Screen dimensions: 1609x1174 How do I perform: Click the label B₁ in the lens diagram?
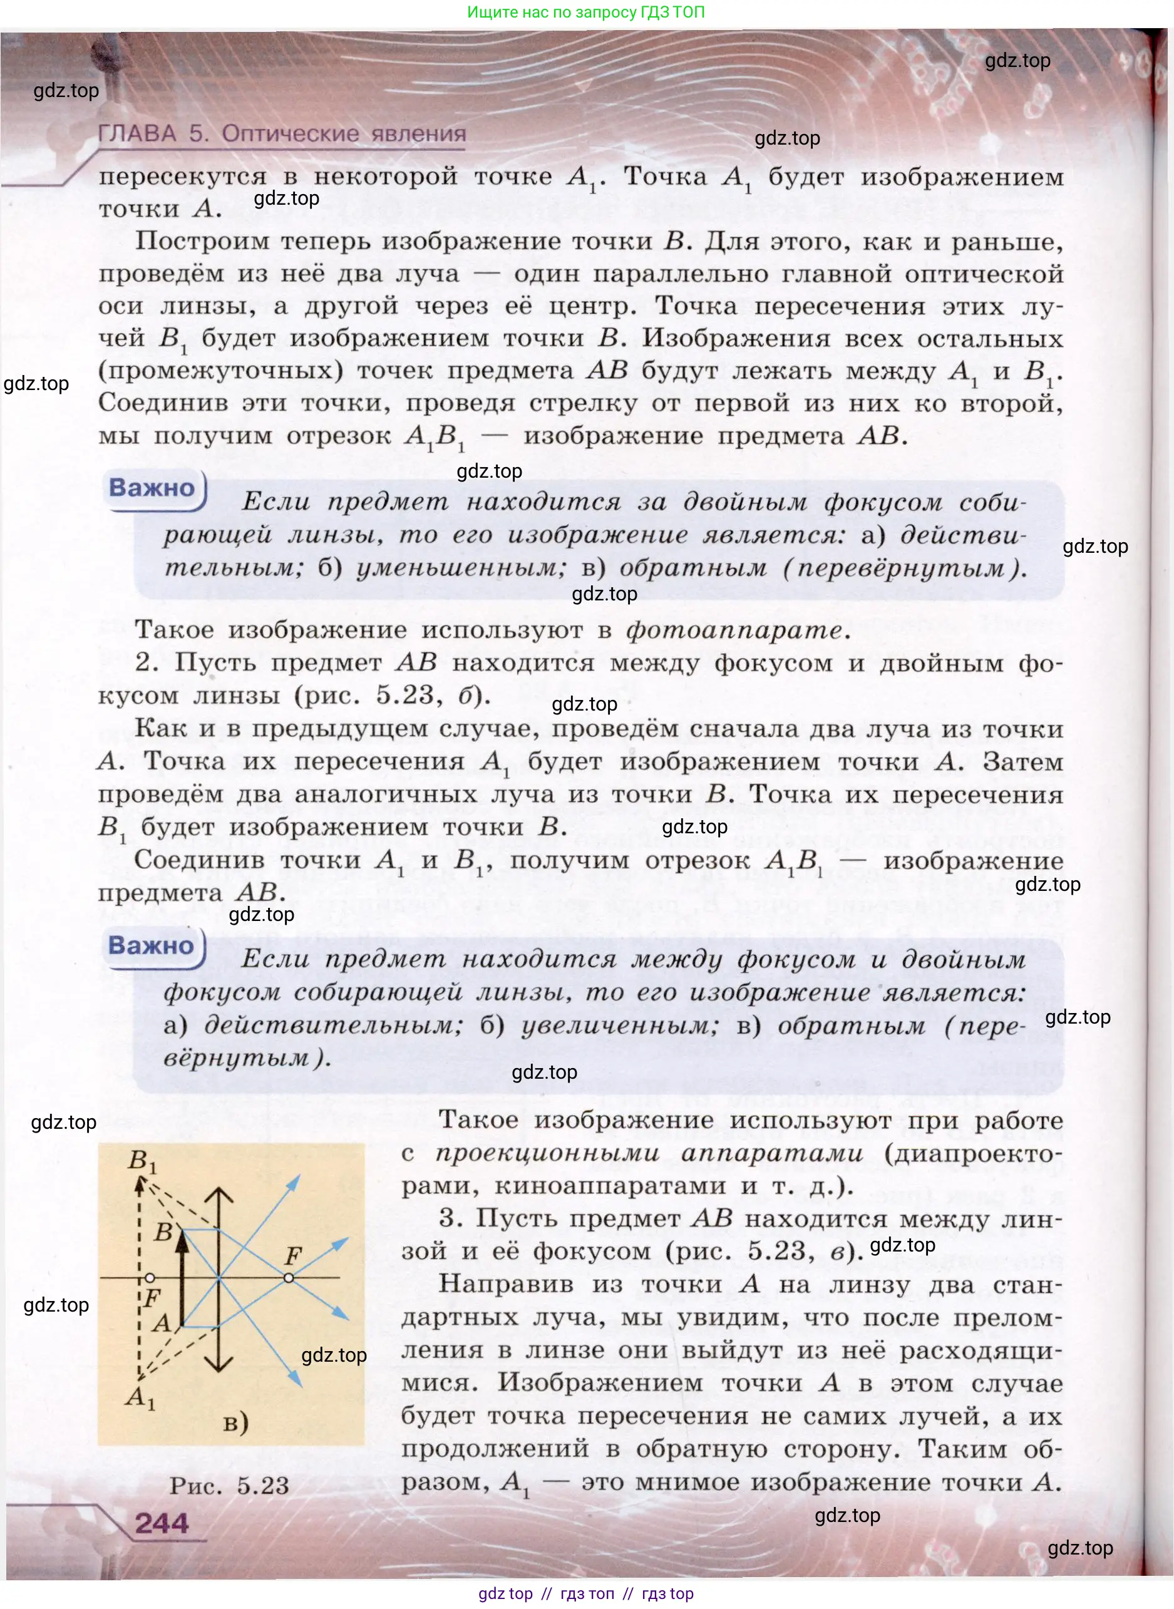pos(142,1160)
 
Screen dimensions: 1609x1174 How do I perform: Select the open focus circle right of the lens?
pos(289,1278)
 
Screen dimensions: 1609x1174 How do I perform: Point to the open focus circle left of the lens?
pos(150,1278)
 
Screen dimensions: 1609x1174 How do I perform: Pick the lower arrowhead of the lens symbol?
pos(220,1364)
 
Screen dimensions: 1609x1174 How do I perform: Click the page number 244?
pos(162,1523)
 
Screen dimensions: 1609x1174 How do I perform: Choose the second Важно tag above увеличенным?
pos(151,945)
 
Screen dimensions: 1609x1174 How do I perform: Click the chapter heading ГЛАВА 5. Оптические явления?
pos(281,133)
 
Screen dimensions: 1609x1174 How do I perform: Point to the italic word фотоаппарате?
pos(738,630)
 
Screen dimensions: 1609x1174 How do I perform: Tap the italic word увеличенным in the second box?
pos(620,1025)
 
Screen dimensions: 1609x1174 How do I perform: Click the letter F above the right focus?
pos(293,1255)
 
